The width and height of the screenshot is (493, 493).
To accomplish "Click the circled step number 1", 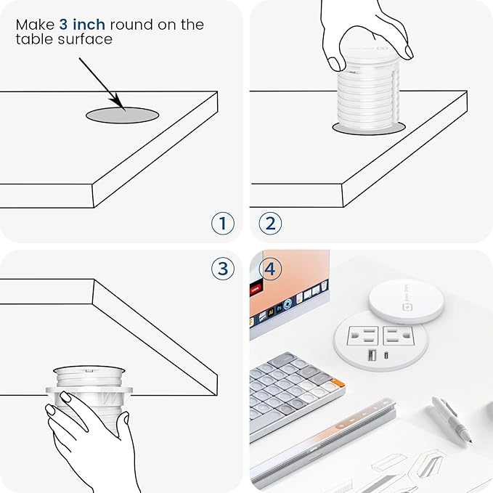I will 223,223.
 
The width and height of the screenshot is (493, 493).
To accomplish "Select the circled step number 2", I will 269,223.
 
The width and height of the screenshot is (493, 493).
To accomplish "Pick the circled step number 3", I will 223,269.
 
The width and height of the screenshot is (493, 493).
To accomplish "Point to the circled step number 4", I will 269,269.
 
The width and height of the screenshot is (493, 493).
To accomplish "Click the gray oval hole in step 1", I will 123,114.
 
